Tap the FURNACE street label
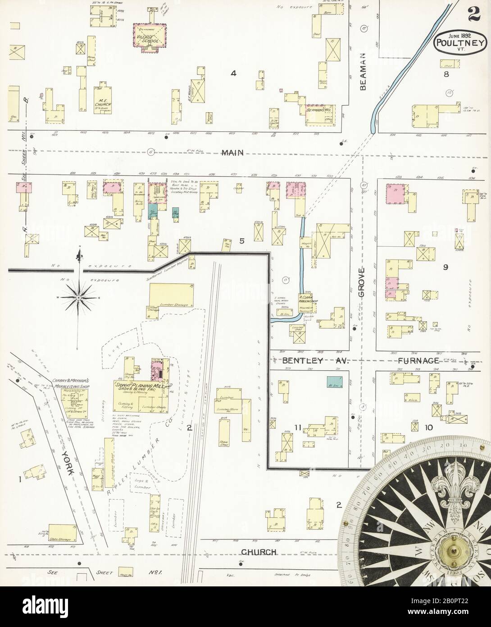tap(418, 360)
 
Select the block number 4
tap(233, 74)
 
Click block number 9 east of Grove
tap(445, 267)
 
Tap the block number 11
tap(297, 427)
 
